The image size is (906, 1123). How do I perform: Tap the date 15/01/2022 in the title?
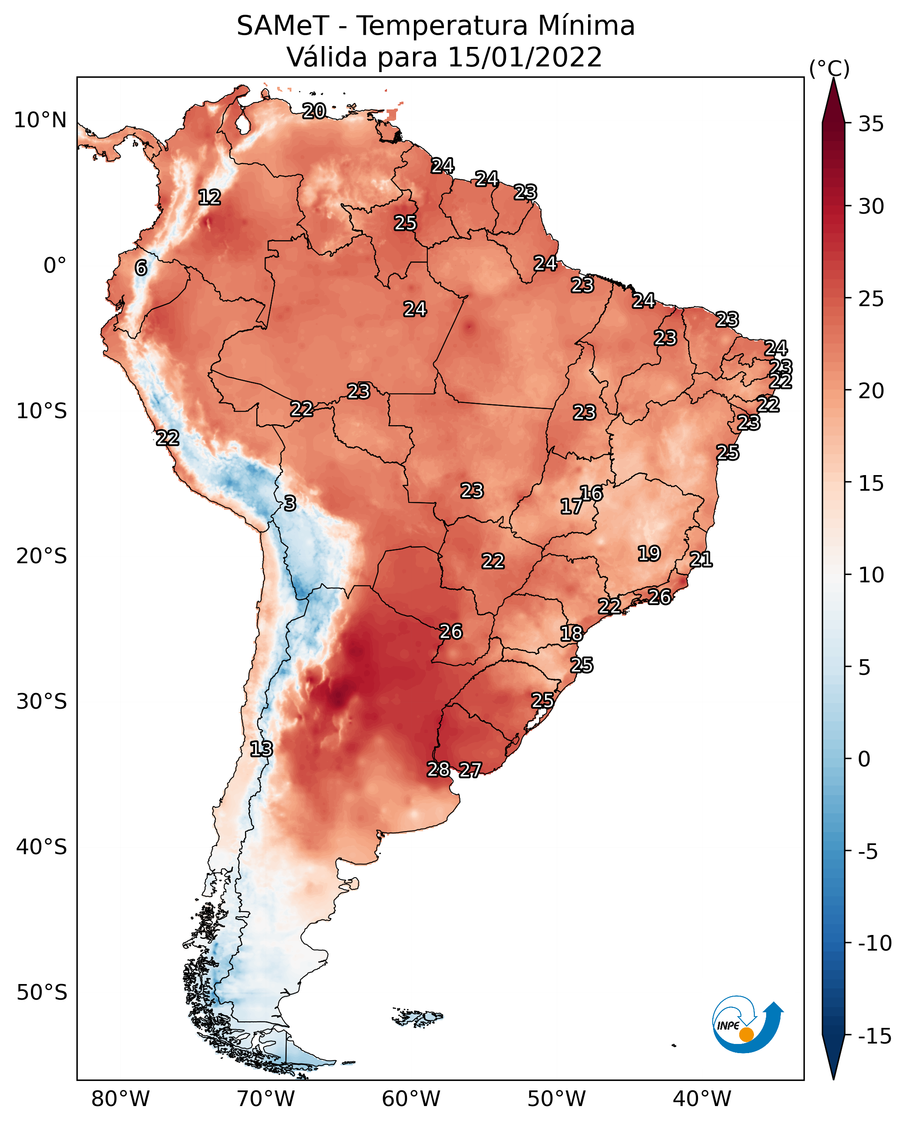[x=525, y=57]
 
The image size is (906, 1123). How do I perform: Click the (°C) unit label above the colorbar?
[x=829, y=68]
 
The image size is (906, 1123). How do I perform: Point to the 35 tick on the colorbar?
[x=871, y=124]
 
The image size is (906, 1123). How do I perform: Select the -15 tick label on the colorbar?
[x=875, y=1036]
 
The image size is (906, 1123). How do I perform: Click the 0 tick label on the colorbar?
[x=864, y=759]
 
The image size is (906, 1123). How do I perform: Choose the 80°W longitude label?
[x=121, y=1099]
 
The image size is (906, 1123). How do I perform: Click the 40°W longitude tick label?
[x=702, y=1099]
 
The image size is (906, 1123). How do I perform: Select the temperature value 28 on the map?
[x=438, y=769]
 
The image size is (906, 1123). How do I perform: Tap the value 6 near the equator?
[x=141, y=268]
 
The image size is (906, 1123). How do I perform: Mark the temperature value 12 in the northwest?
[x=210, y=197]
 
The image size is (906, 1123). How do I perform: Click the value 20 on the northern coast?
[x=314, y=111]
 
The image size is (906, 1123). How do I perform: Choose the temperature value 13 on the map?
[x=261, y=749]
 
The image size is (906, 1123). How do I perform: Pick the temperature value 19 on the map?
[x=649, y=553]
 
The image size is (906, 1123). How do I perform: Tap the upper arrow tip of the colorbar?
[x=833, y=78]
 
